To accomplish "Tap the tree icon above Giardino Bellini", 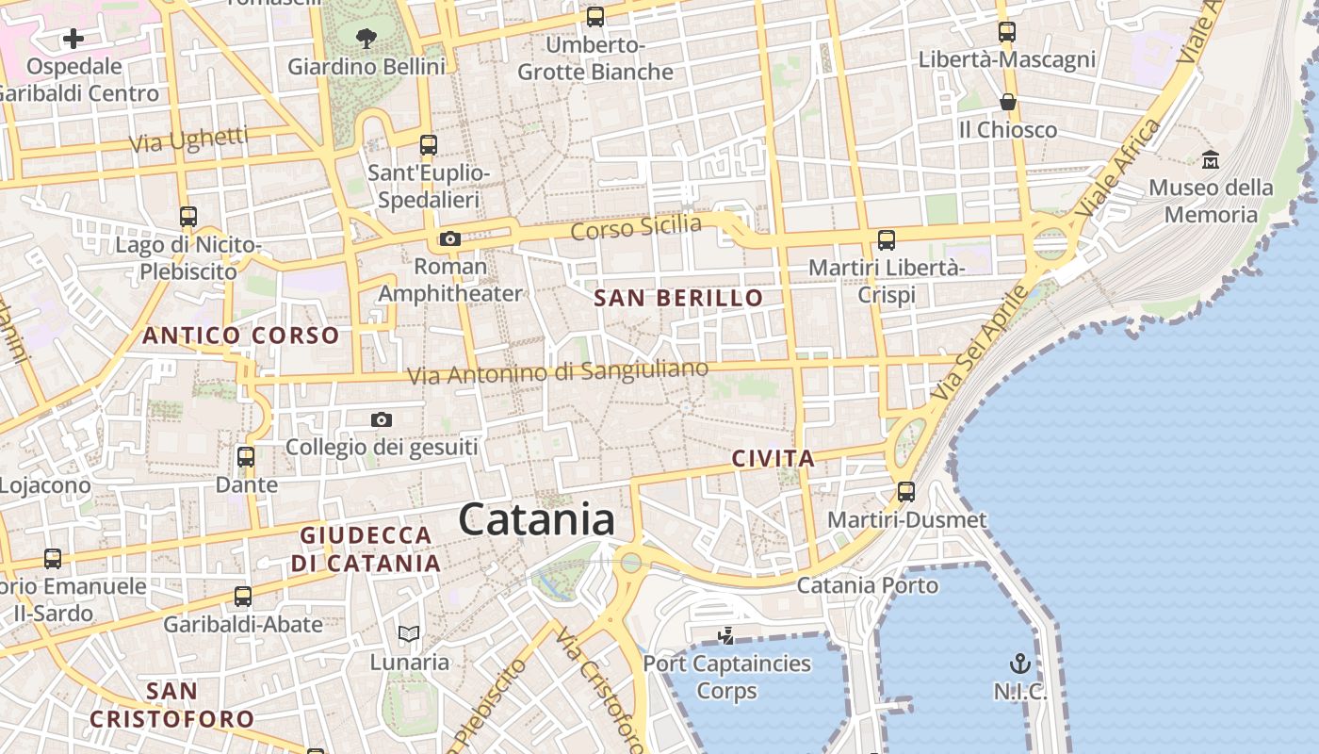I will pyautogui.click(x=366, y=39).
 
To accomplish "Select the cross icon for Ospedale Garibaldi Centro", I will pyautogui.click(x=73, y=39).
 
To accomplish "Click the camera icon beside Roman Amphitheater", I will pyautogui.click(x=450, y=238).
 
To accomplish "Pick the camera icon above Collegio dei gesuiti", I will pyautogui.click(x=381, y=419).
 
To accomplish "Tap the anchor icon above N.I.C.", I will pyautogui.click(x=1019, y=663).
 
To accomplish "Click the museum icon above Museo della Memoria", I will pyautogui.click(x=1211, y=160).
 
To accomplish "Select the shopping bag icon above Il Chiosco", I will pyautogui.click(x=1008, y=102).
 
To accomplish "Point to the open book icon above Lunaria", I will pyautogui.click(x=409, y=633).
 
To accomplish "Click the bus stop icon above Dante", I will pyautogui.click(x=246, y=457).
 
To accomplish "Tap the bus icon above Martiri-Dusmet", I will pyautogui.click(x=906, y=491).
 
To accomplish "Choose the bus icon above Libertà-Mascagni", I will pyautogui.click(x=1007, y=32).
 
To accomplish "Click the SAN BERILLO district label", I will pyautogui.click(x=678, y=299).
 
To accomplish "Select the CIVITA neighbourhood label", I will pyautogui.click(x=773, y=459).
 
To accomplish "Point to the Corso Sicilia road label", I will pyautogui.click(x=636, y=227).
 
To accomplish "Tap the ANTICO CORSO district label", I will pyautogui.click(x=240, y=336).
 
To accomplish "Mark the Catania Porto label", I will pyautogui.click(x=868, y=585).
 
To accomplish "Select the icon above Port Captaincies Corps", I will pyautogui.click(x=725, y=636).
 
